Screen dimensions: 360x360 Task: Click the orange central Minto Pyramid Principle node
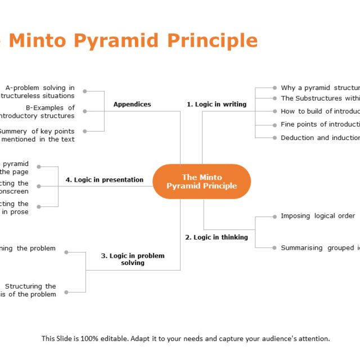point(201,182)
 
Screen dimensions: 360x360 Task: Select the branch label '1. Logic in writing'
point(217,104)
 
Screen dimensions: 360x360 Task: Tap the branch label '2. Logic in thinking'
point(217,237)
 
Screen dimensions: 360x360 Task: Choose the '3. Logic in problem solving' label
point(133,259)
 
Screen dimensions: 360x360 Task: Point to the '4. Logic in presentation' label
point(104,180)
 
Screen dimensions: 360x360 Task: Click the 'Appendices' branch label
point(132,104)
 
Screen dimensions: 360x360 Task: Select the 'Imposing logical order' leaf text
point(318,216)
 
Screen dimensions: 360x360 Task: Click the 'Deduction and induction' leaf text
point(320,138)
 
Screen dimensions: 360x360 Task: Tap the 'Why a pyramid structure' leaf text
point(320,88)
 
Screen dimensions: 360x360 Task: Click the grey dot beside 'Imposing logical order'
point(274,216)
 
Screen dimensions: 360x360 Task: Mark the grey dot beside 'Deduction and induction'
point(274,138)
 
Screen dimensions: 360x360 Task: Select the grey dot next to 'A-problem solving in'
point(85,91)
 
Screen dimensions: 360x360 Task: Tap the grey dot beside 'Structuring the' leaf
point(66,292)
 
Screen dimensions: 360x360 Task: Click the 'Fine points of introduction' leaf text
point(320,124)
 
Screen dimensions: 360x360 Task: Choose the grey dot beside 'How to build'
point(274,111)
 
